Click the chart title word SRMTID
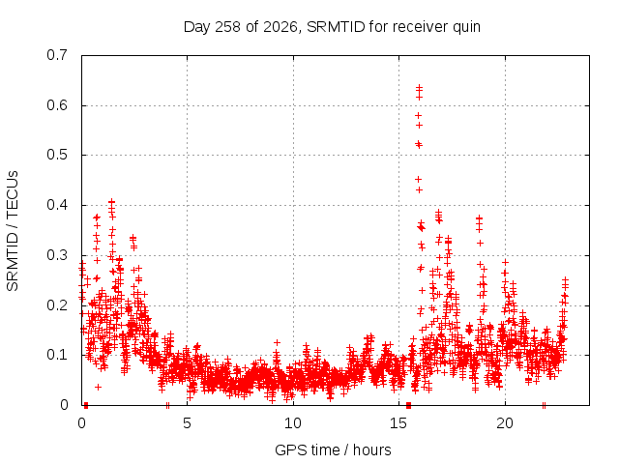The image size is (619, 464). pyautogui.click(x=336, y=27)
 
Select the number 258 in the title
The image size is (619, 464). pyautogui.click(x=228, y=27)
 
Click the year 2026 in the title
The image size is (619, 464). pyautogui.click(x=280, y=27)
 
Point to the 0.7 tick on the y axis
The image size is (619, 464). pyautogui.click(x=57, y=55)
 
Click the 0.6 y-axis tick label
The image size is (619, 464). pyautogui.click(x=57, y=105)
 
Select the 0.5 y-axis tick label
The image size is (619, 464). pyautogui.click(x=57, y=155)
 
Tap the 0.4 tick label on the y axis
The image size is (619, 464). pyautogui.click(x=57, y=205)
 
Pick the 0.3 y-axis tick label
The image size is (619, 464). pyautogui.click(x=57, y=255)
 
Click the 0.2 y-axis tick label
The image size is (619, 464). pyautogui.click(x=57, y=305)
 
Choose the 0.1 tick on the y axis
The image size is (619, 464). pyautogui.click(x=57, y=355)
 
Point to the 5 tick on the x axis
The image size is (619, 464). pyautogui.click(x=187, y=423)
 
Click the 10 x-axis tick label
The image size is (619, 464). pyautogui.click(x=293, y=423)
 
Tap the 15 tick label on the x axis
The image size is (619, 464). pyautogui.click(x=398, y=423)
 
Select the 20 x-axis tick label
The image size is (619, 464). pyautogui.click(x=505, y=423)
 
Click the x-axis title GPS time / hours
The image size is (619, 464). pyautogui.click(x=333, y=449)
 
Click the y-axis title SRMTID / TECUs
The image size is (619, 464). pyautogui.click(x=13, y=231)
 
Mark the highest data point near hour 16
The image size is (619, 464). pyautogui.click(x=419, y=87)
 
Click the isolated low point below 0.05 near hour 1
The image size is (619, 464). pyautogui.click(x=98, y=387)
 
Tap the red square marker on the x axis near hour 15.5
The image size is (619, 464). pyautogui.click(x=408, y=405)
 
